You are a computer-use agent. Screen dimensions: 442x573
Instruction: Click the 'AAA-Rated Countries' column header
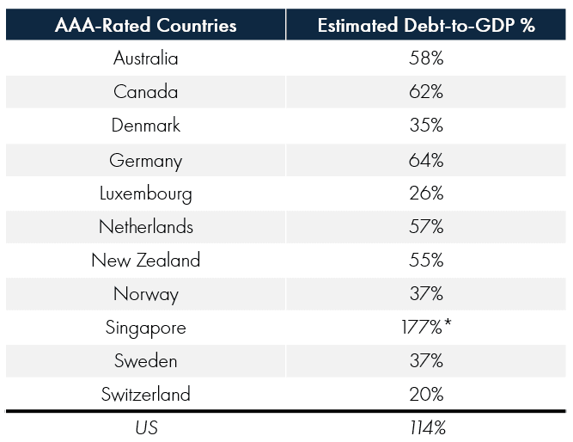point(145,25)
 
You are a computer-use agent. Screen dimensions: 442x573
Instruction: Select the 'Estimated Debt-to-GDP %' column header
point(426,25)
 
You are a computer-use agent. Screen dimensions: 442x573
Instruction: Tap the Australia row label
point(145,58)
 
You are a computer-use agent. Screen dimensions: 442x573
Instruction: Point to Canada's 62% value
point(426,92)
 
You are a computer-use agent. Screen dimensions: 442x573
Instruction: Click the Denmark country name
point(145,126)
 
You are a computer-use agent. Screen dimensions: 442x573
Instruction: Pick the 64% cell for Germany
point(426,160)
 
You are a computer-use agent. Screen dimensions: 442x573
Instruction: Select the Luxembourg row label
point(145,193)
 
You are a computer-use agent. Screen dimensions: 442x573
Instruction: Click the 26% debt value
point(426,193)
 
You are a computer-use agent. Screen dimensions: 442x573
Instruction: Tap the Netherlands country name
point(145,227)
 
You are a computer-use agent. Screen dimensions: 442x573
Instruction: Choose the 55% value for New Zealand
point(426,261)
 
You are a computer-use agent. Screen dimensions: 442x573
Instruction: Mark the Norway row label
point(145,294)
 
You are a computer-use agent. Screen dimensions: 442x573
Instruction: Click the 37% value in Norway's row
point(426,294)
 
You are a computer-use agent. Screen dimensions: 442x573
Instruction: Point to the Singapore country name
point(145,328)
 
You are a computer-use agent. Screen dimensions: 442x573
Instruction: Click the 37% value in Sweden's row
point(426,361)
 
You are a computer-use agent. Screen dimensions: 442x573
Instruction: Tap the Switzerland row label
point(145,395)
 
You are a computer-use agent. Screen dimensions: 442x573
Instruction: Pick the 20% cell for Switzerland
point(426,395)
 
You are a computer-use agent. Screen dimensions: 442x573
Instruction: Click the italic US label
point(145,427)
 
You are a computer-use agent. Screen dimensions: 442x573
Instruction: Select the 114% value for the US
point(426,427)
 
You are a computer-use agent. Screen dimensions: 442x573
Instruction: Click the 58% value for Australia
point(426,58)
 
